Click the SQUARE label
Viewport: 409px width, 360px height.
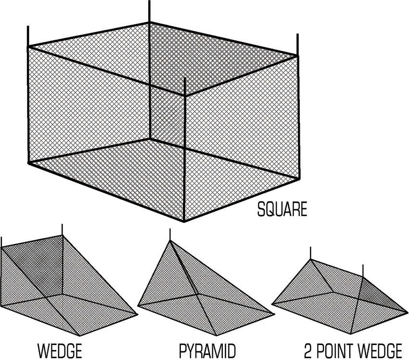pos(282,209)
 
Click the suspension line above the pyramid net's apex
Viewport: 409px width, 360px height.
pos(170,235)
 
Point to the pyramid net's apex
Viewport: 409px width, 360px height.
pos(170,241)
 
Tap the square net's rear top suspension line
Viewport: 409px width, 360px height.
pos(149,11)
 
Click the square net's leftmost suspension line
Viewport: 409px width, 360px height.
pos(28,36)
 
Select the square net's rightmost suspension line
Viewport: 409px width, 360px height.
pos(297,44)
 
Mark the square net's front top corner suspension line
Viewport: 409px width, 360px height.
pos(185,86)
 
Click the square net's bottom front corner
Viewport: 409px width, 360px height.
pos(184,221)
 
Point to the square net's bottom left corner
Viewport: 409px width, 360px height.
pos(29,163)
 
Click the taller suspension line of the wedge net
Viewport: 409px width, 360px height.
pos(62,230)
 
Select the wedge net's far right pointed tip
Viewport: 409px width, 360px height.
pos(137,314)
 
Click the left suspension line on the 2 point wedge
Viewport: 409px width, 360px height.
pos(310,253)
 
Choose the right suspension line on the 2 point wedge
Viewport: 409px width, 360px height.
pos(363,270)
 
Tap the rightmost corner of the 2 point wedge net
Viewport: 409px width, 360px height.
pos(407,311)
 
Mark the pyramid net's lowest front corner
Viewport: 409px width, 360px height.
pos(217,335)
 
